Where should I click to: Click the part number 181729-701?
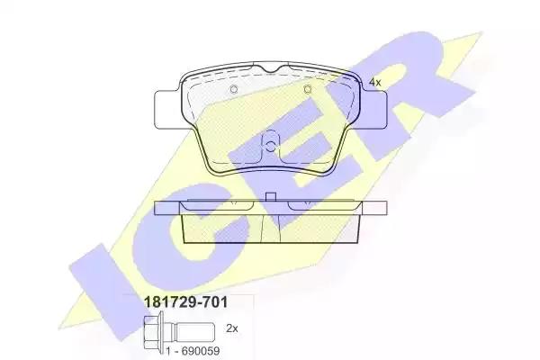185,302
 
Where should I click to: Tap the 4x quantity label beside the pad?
374,82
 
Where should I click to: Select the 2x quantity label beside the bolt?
232,328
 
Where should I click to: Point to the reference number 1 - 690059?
193,351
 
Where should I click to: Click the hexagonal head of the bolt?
151,333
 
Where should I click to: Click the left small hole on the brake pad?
234,90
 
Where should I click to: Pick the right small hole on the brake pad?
308,90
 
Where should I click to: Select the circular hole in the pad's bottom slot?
271,147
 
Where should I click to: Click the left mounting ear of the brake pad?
166,109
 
